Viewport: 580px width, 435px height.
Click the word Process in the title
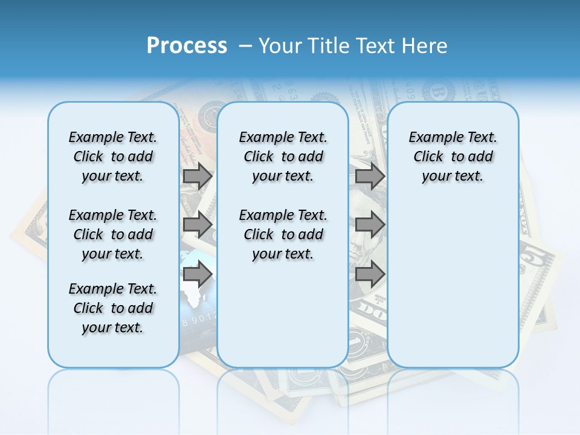[187, 45]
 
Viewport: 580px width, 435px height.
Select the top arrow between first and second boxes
[198, 176]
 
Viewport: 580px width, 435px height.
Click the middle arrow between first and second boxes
[198, 225]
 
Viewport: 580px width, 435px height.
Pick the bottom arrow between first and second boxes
[198, 274]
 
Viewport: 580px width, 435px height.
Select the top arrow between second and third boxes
[370, 176]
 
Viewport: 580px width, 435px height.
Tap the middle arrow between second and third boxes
[370, 225]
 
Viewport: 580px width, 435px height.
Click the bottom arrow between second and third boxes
[370, 274]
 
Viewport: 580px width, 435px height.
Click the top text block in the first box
[113, 156]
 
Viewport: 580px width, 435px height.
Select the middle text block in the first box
[113, 234]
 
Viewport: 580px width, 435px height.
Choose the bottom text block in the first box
[113, 308]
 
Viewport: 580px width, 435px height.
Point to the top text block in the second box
[283, 156]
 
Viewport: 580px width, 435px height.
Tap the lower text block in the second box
[283, 234]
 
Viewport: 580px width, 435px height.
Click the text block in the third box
[453, 156]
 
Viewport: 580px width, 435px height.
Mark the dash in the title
[245, 45]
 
